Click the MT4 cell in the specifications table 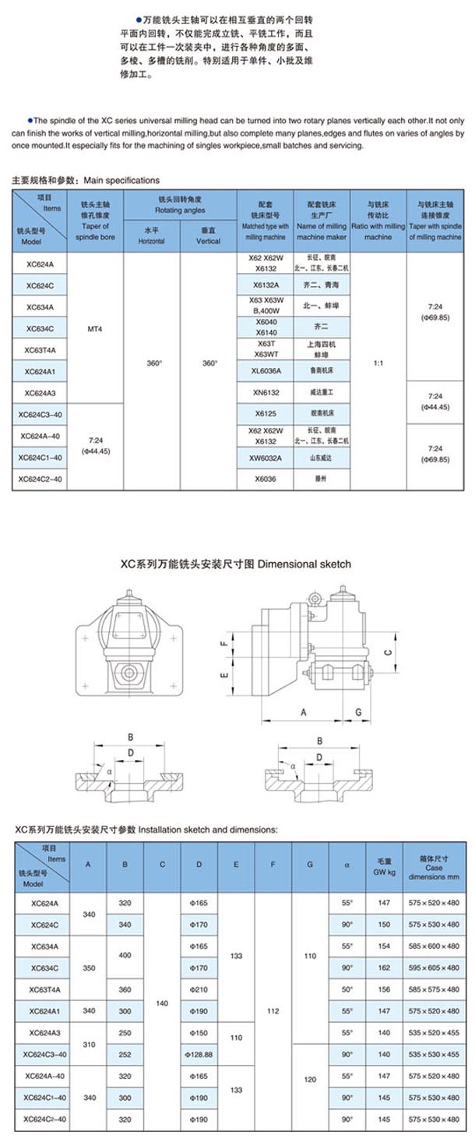point(97,329)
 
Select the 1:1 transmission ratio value point(378,363)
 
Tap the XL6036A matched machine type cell point(266,371)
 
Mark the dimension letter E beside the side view point(223,676)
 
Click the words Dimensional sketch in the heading point(304,564)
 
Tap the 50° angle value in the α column point(347,989)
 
